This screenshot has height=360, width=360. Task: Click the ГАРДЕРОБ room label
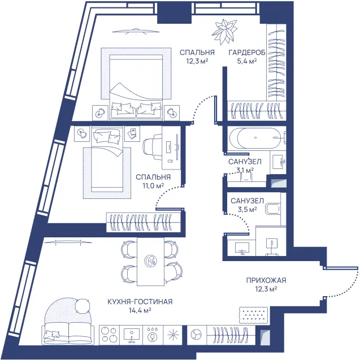pos(247,53)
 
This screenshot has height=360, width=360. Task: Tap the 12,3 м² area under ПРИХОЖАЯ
pos(266,289)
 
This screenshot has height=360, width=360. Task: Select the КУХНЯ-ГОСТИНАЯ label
pos(140,301)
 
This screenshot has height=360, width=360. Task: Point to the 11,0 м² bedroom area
pos(153,185)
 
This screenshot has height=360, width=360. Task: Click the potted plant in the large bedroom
pos(224,32)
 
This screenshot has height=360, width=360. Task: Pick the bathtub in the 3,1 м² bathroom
pos(256,138)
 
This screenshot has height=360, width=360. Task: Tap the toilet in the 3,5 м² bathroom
pos(273,209)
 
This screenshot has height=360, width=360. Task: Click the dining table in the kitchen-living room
pos(150,262)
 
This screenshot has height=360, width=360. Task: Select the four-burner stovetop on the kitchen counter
pos(110,335)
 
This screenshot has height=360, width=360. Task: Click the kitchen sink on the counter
pos(131,335)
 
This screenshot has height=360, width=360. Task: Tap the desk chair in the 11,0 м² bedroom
pos(153,148)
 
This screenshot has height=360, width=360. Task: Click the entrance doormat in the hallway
pos(253,316)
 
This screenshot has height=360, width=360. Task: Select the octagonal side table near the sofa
pos(83,306)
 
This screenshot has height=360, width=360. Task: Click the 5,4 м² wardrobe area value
pos(247,62)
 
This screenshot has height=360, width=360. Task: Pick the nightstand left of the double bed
pos(100,113)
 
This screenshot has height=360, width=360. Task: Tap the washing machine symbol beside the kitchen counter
pos(197,335)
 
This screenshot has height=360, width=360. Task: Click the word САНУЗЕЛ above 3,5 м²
pos(248,201)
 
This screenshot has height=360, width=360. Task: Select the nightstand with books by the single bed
pos(132,133)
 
